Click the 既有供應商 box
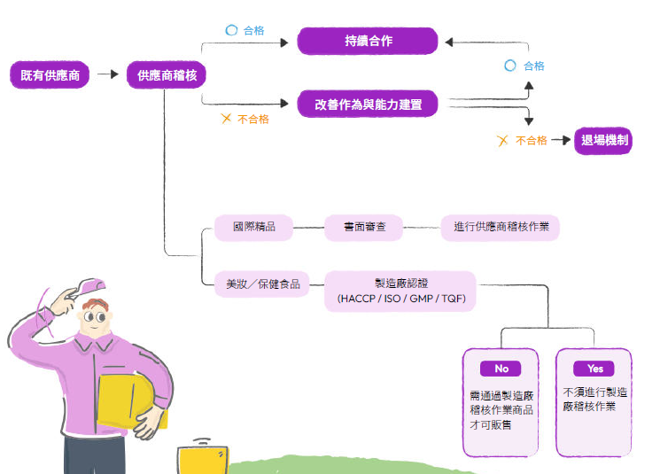click(x=50, y=75)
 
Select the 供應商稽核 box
click(x=167, y=75)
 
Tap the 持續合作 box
click(x=368, y=41)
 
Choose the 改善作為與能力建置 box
click(x=368, y=104)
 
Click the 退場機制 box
click(x=603, y=141)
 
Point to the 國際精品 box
click(x=254, y=228)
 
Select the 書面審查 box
click(x=364, y=228)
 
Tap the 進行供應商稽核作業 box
click(x=501, y=228)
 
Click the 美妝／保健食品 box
click(x=262, y=284)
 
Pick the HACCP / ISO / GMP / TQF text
click(x=401, y=299)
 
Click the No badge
click(x=501, y=369)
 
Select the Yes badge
click(x=594, y=369)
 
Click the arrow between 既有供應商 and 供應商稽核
click(x=108, y=74)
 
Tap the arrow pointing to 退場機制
click(x=561, y=140)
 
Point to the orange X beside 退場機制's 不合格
click(x=502, y=141)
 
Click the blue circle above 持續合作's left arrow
click(x=231, y=30)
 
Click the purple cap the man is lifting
click(x=89, y=287)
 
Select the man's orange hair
click(x=96, y=304)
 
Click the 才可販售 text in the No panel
click(x=491, y=424)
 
